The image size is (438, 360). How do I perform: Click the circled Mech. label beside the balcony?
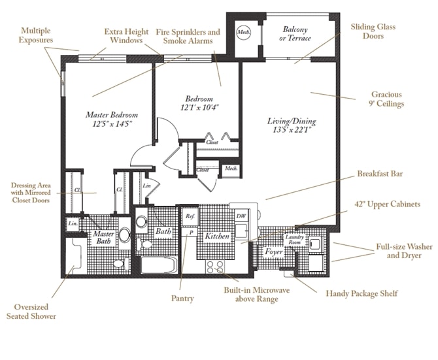tap(243, 32)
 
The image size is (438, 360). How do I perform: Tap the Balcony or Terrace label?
tap(295, 34)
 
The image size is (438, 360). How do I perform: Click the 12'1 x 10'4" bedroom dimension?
tap(198, 106)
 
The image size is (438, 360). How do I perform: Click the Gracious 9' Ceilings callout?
tap(388, 99)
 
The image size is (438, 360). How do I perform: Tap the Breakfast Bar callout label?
tap(380, 174)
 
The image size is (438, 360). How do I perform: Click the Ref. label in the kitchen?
tap(190, 216)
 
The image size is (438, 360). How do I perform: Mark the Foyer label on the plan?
tap(273, 251)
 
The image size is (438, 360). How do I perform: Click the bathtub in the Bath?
tap(158, 265)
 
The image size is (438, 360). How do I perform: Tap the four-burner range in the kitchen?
tap(214, 266)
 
